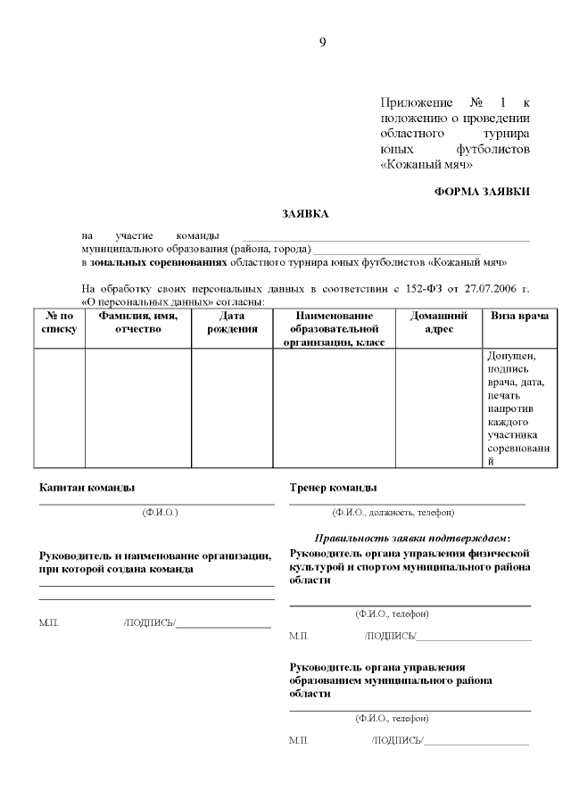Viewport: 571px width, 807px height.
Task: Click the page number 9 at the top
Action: [322, 42]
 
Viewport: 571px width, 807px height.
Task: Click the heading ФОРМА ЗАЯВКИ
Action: [482, 191]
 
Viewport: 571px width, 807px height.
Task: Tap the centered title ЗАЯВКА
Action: [305, 214]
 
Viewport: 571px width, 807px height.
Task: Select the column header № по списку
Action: [59, 323]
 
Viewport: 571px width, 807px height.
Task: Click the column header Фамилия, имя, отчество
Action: [137, 323]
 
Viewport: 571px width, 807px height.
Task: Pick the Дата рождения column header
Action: [232, 323]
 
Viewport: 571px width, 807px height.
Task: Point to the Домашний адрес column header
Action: [439, 323]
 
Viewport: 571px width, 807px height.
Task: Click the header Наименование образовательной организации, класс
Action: [334, 329]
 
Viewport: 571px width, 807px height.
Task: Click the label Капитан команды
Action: [87, 488]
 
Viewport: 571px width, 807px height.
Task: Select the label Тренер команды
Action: [333, 488]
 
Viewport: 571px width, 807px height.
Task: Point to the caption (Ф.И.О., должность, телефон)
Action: [393, 513]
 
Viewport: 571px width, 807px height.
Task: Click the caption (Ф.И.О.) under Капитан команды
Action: [160, 513]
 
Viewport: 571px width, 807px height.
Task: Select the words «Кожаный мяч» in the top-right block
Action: [426, 164]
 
